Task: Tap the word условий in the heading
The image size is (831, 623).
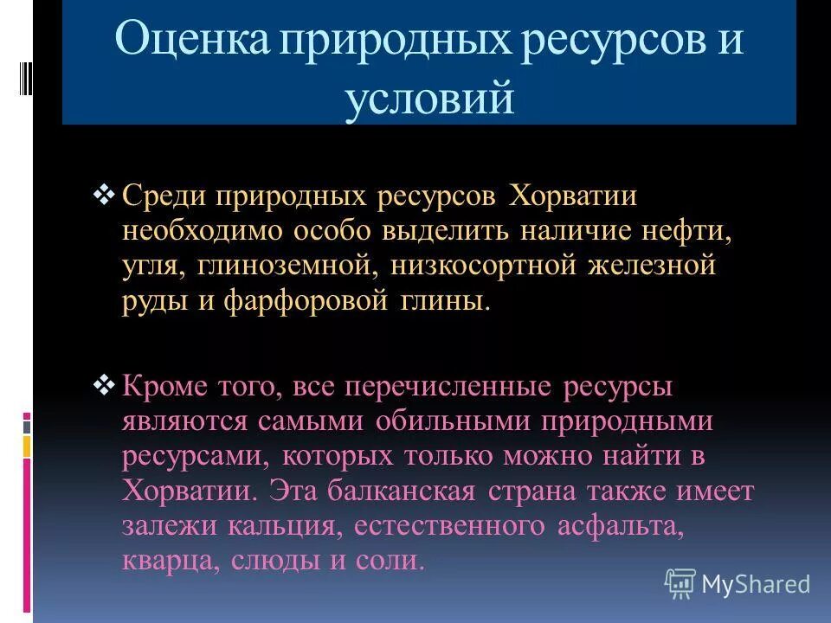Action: point(429,100)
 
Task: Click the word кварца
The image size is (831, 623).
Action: point(170,561)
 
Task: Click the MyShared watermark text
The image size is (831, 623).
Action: point(756,584)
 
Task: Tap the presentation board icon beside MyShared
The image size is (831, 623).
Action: point(680,584)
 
